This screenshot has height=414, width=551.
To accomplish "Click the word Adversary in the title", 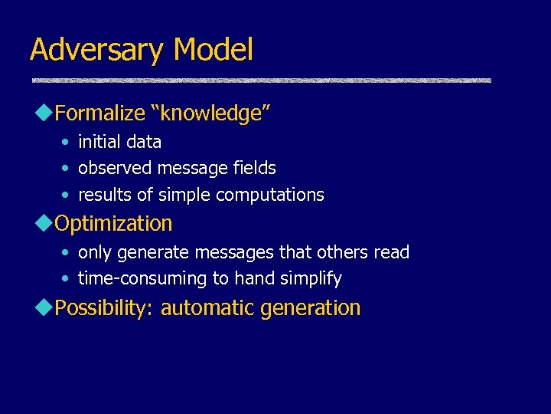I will point(96,51).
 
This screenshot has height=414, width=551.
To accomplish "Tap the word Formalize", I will point(100,114).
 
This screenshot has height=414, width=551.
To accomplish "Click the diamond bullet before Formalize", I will point(44,113).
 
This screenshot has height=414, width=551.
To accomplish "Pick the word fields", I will point(253,168).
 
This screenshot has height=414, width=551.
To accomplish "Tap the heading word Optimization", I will point(114,224).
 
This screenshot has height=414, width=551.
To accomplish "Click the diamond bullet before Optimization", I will point(44,223).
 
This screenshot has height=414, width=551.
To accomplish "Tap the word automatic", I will point(207,308).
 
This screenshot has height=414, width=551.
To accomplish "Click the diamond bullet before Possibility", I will point(44,307).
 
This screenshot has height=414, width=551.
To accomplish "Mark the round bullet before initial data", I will point(67,143).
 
